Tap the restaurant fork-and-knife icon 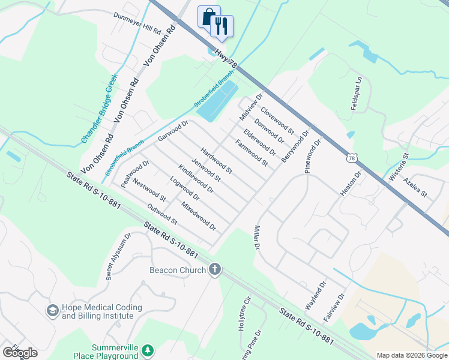coord(221,25)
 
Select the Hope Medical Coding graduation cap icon coord(52,311)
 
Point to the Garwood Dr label coord(173,131)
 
